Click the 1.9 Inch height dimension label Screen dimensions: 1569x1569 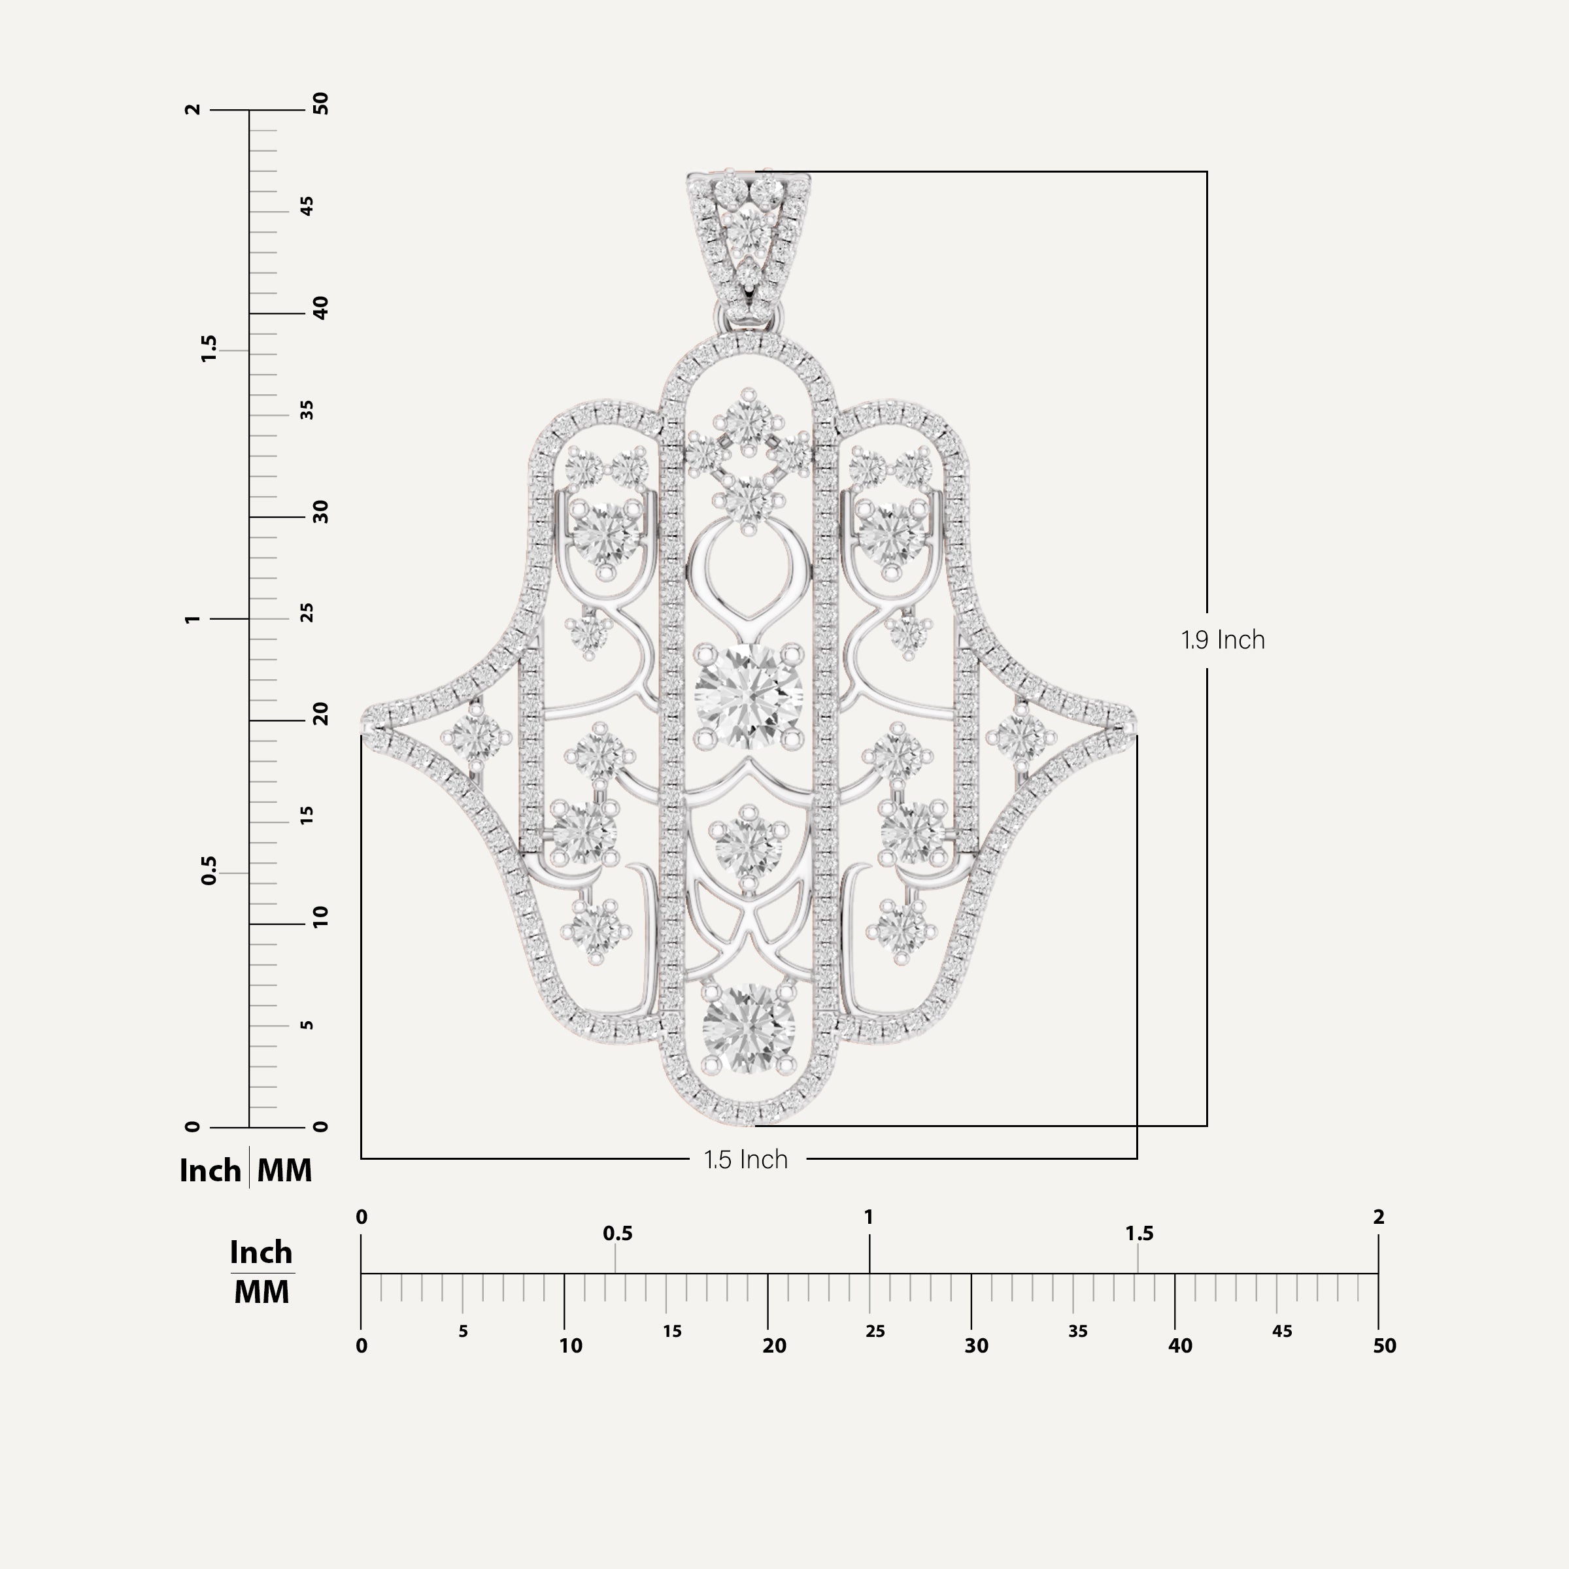[x=1223, y=640]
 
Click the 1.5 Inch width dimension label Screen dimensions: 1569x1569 [x=745, y=1159]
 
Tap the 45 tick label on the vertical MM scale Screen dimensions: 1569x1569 [x=307, y=207]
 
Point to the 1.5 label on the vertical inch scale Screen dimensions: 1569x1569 [x=209, y=348]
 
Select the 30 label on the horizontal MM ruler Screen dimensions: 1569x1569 [x=976, y=1345]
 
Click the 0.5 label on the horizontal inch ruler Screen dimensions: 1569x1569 [x=617, y=1234]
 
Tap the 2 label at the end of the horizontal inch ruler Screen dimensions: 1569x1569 [x=1378, y=1217]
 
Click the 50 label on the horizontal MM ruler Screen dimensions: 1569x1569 [x=1384, y=1345]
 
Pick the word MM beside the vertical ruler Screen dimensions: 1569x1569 [x=284, y=1171]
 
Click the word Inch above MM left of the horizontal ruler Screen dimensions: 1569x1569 [x=261, y=1253]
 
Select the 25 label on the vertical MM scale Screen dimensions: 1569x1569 [x=307, y=613]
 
